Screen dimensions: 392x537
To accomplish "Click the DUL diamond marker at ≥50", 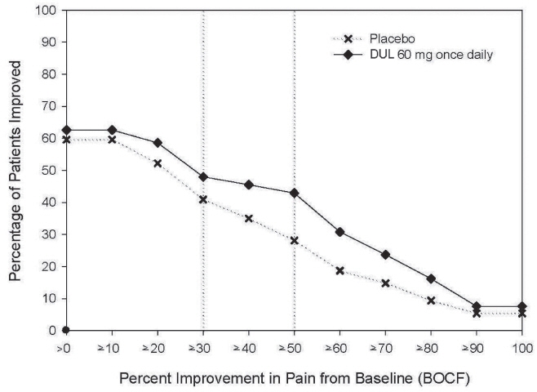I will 294,193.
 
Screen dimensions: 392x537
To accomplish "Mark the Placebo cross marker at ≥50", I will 294,240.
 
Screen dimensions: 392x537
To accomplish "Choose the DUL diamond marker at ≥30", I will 203,177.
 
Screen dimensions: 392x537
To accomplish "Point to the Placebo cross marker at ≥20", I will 158,163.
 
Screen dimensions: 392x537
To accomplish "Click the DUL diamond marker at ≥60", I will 340,232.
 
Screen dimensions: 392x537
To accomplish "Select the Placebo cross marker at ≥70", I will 385,283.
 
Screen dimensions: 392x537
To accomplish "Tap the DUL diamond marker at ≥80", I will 431,278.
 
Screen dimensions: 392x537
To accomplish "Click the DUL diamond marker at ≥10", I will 112,130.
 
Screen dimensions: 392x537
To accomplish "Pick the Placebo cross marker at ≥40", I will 248,219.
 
